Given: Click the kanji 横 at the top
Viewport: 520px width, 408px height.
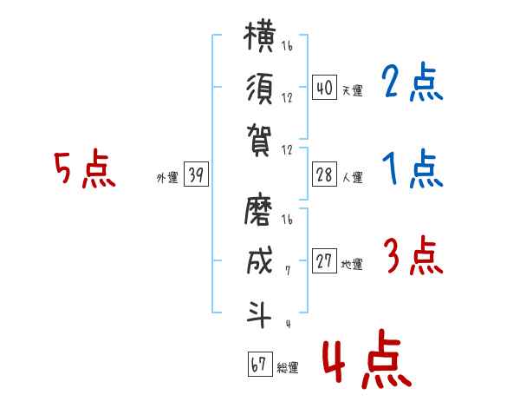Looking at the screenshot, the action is pos(260,36).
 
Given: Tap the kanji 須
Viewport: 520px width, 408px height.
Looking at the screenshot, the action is pos(260,89).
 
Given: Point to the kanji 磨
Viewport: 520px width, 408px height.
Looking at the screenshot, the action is pos(258,209).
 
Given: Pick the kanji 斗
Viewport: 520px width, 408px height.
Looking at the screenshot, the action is pos(259,313).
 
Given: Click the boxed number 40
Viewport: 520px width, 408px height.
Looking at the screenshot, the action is pos(324,88).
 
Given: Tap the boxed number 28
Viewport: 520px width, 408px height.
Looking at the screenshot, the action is pos(324,174).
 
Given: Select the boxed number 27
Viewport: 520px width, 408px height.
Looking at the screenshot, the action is pos(324,260).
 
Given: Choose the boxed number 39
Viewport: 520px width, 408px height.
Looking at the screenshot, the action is pos(196,174).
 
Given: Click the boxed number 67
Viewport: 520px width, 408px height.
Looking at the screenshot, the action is pos(260,364).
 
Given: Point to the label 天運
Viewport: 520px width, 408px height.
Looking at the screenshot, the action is pos(353,90).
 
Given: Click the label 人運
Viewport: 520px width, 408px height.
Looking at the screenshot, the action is pos(353,177).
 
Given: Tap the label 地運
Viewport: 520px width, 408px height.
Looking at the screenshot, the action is pos(352,265).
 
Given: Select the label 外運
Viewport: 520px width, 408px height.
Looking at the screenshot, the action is pos(167,178).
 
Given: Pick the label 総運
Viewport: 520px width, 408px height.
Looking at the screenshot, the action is pos(288,367).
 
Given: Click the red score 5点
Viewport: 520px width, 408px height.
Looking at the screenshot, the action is pos(85,168).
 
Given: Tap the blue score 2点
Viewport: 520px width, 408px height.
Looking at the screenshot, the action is pos(413,82).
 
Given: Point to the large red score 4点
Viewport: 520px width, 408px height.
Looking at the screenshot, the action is pos(367,359).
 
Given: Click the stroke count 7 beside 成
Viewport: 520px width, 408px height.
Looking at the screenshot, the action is pos(288,271).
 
